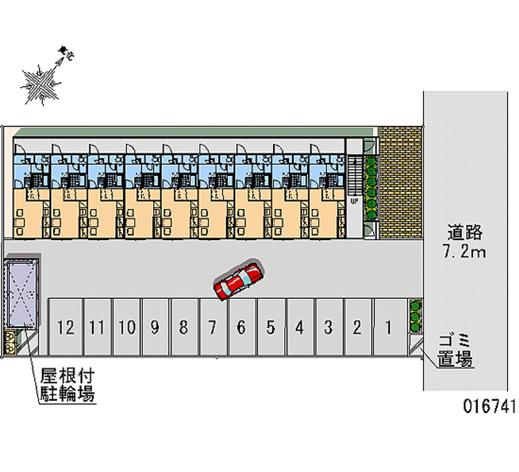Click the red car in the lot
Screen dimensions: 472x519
[x=238, y=281]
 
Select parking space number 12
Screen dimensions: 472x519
[x=65, y=327]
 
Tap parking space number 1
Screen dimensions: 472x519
[x=387, y=327]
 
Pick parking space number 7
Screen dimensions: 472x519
[x=212, y=327]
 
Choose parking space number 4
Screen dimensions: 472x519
[x=299, y=327]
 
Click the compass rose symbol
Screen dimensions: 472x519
[x=40, y=82]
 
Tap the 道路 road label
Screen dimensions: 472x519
[x=465, y=232]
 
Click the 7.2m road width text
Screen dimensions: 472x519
[x=465, y=252]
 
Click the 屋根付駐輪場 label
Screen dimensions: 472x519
[x=67, y=384]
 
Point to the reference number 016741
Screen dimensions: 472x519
[x=489, y=407]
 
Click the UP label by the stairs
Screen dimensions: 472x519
[x=354, y=201]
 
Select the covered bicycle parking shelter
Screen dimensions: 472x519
[x=21, y=295]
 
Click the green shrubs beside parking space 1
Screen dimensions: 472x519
[x=415, y=315]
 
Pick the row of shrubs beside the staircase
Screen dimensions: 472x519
[x=370, y=188]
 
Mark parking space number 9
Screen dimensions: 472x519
[x=155, y=327]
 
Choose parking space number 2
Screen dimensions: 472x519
[x=357, y=327]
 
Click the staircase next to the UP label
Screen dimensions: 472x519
[x=354, y=175]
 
